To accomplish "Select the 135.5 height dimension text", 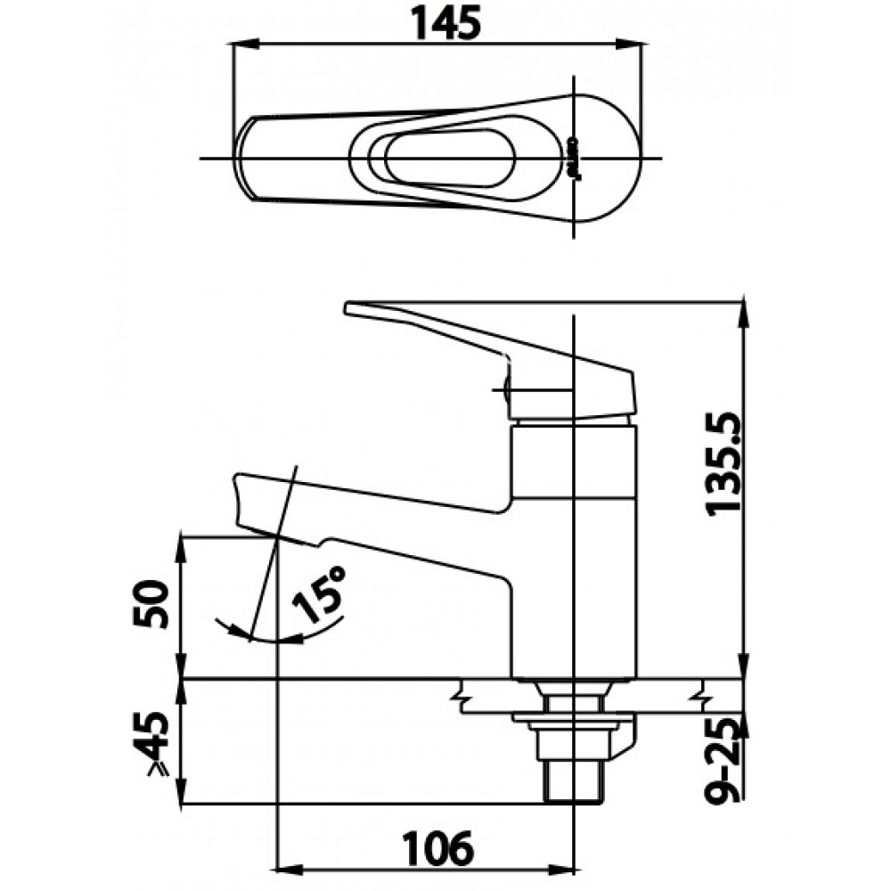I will pos(720,461).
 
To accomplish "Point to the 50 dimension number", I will pos(151,603).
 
